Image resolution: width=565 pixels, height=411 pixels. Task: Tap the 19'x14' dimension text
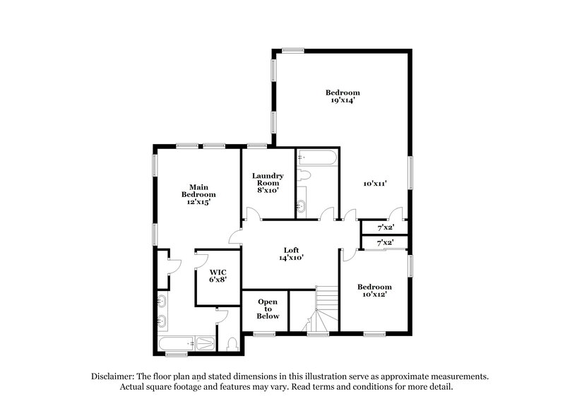[343, 101]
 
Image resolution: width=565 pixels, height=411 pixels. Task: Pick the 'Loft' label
[291, 249]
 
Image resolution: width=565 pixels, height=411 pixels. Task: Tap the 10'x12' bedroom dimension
[374, 296]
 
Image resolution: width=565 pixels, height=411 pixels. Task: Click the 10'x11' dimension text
[374, 184]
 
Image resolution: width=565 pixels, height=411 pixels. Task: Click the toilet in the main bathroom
[234, 344]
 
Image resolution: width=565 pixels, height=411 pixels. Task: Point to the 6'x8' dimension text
[218, 280]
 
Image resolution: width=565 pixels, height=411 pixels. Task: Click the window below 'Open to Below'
[264, 334]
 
